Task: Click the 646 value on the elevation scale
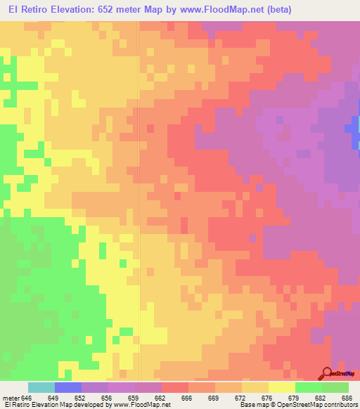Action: [27, 397]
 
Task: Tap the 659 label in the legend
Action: [135, 397]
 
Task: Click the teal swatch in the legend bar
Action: [41, 387]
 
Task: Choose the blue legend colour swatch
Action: [68, 387]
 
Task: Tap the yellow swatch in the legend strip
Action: [281, 387]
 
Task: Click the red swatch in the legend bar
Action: [175, 387]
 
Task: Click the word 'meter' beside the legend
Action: [10, 397]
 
